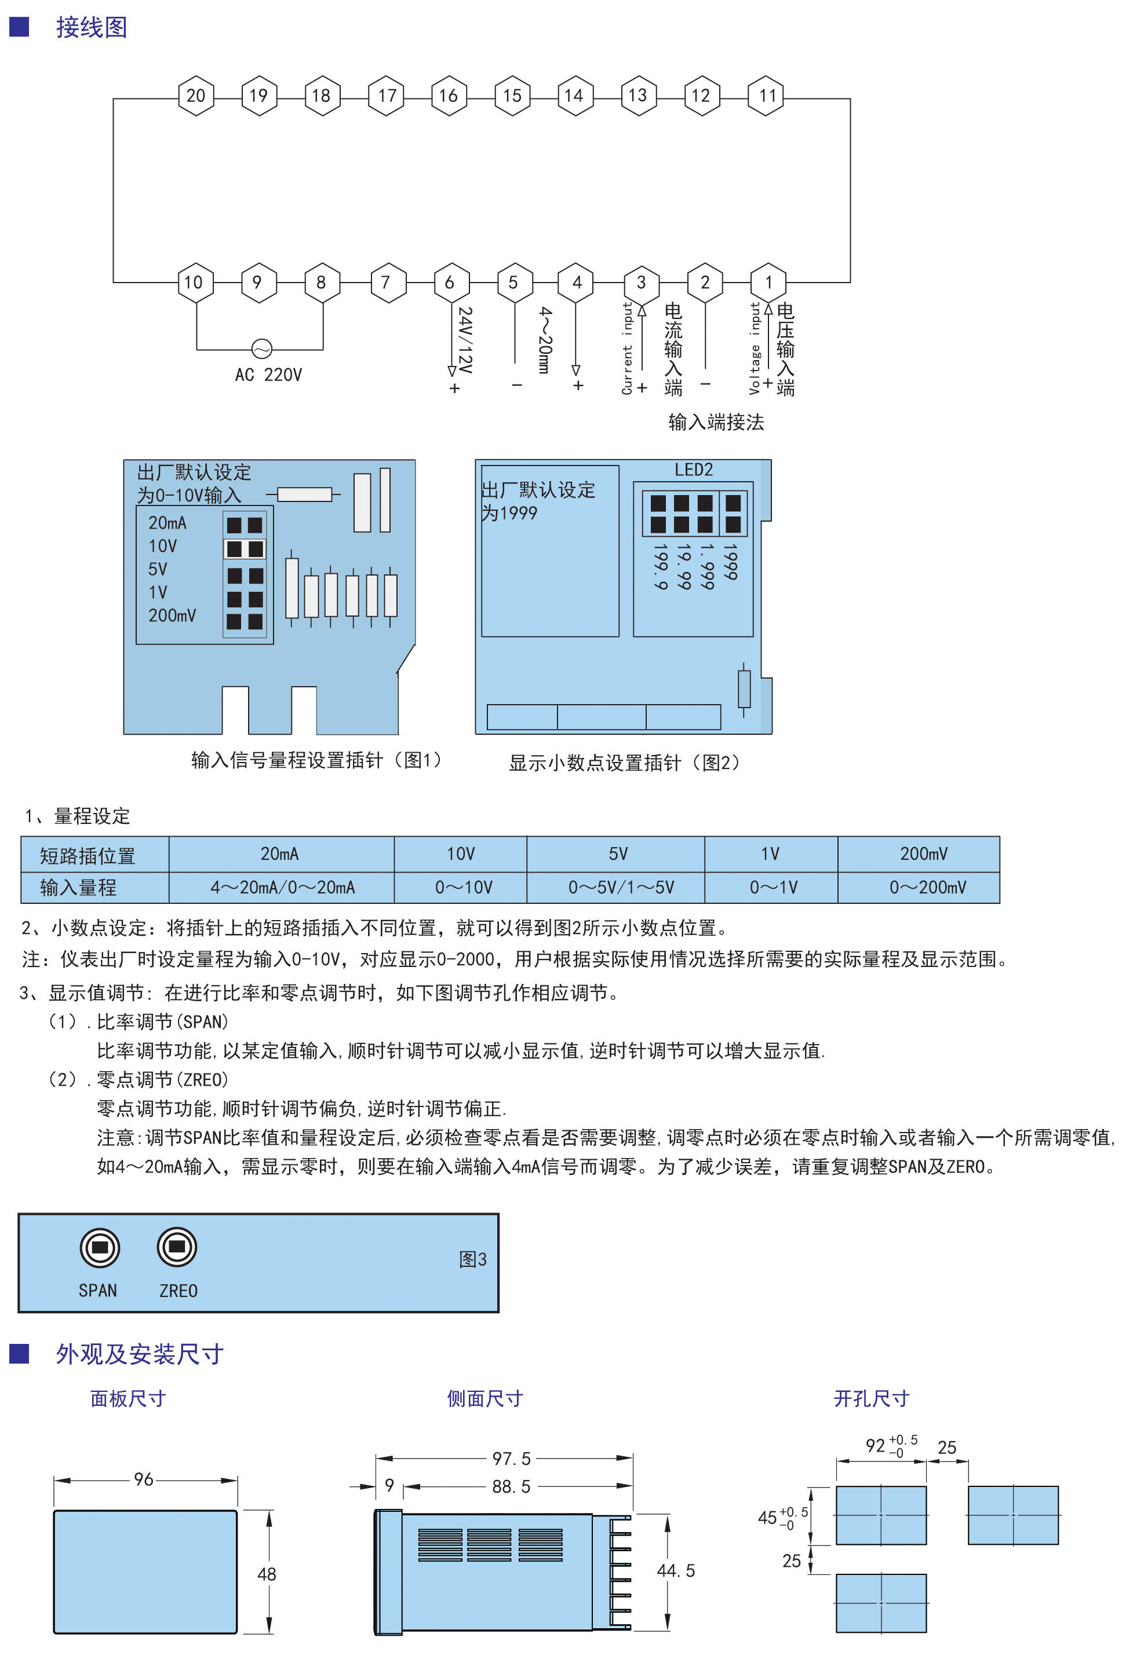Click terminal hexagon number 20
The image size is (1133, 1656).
pos(195,96)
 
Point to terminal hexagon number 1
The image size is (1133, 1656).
pos(768,282)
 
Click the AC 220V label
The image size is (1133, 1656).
pos(268,375)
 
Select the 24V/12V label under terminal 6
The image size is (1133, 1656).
pos(465,340)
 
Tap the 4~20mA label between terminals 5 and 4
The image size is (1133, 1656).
pos(545,340)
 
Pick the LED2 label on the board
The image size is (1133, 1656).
pos(693,470)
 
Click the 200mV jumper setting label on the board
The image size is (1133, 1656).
pos(172,615)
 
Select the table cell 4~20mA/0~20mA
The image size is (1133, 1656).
pos(282,887)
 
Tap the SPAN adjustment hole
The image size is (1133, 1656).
pos(100,1247)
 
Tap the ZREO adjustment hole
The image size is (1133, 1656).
pos(176,1247)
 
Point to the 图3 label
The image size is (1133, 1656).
pos(472,1259)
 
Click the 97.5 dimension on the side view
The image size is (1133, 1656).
pos(511,1459)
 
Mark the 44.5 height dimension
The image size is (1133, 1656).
pos(675,1570)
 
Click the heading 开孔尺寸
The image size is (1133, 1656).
pos(870,1399)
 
